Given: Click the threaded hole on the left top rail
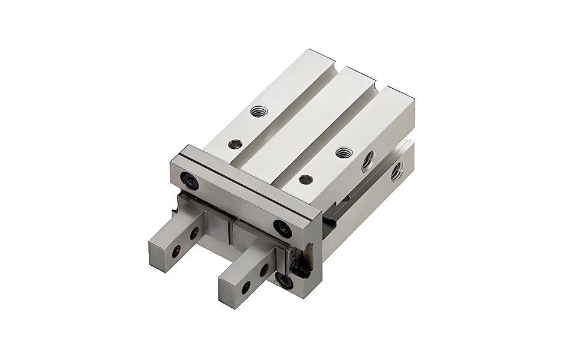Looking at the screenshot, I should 259,111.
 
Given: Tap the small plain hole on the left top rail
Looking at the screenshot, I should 235,144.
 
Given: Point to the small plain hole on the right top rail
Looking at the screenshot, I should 306,179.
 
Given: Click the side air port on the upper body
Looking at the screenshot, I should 368,160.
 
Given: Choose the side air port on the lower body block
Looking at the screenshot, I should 397,172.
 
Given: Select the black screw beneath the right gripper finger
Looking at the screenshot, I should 285,281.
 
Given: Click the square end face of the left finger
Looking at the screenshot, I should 158,256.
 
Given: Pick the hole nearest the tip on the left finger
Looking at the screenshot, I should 176,252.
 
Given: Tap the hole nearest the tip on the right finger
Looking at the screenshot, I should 245,287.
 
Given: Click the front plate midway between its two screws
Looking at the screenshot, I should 236,203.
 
